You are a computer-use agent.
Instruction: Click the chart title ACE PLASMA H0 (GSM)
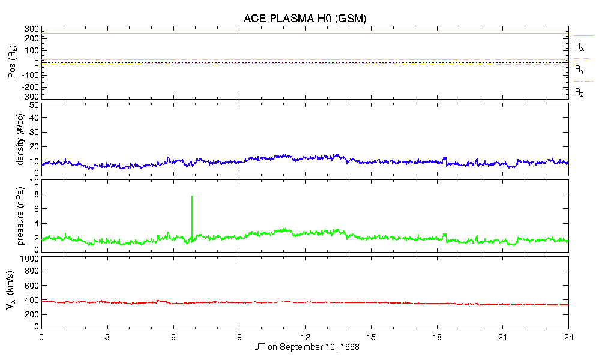pos(304,19)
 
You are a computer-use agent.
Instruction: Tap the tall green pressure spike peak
pos(192,197)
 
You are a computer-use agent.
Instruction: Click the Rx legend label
pos(580,46)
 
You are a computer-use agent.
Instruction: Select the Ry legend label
pos(580,70)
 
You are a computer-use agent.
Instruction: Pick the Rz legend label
pos(580,92)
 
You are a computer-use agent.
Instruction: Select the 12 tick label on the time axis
pos(305,337)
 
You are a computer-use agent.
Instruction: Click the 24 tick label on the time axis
pos(568,337)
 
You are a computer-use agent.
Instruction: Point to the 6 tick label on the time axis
pos(173,337)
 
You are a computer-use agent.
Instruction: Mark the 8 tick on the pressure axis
pos(36,194)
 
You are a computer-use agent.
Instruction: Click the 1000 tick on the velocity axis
pos(29,259)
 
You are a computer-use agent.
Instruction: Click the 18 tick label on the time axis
pos(437,337)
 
